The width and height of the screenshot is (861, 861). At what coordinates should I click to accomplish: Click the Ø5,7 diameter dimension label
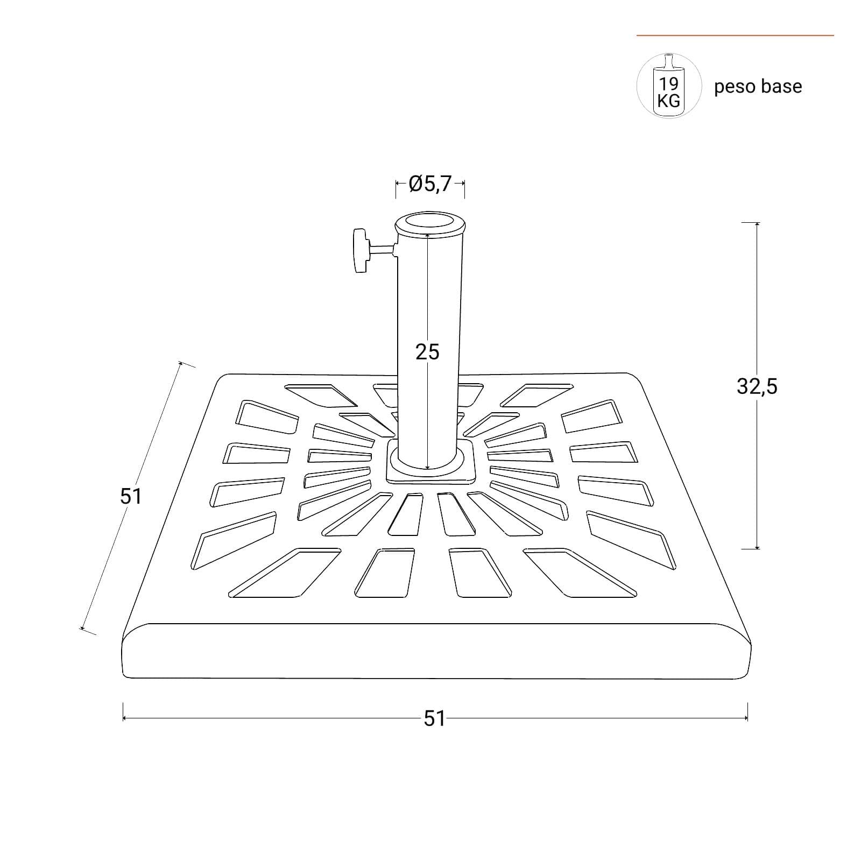click(x=429, y=184)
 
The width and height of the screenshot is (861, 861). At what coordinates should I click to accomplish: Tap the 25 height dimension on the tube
click(x=427, y=352)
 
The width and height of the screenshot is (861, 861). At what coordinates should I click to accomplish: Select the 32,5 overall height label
click(x=757, y=386)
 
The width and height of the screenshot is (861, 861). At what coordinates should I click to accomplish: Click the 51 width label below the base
click(x=434, y=718)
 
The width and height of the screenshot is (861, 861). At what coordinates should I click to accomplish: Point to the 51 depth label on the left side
click(x=131, y=496)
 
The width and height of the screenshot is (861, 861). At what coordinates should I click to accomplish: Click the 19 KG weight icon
click(x=669, y=86)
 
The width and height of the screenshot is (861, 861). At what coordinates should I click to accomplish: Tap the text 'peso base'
click(x=758, y=87)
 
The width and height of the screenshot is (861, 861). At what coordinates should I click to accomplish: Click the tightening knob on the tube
click(x=361, y=251)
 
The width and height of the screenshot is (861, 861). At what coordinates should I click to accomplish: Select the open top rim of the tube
click(x=429, y=225)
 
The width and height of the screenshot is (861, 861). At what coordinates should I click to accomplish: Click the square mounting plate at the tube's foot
click(x=431, y=461)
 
